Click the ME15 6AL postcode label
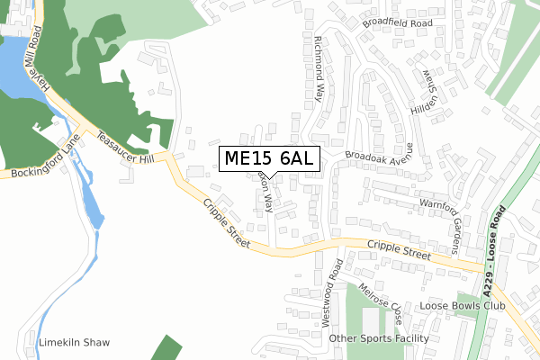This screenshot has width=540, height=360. coord(267,158)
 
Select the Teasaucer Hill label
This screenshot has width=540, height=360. coord(127,146)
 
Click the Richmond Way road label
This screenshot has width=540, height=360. coord(324,70)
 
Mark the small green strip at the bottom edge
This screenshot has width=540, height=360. coord(164,349)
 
